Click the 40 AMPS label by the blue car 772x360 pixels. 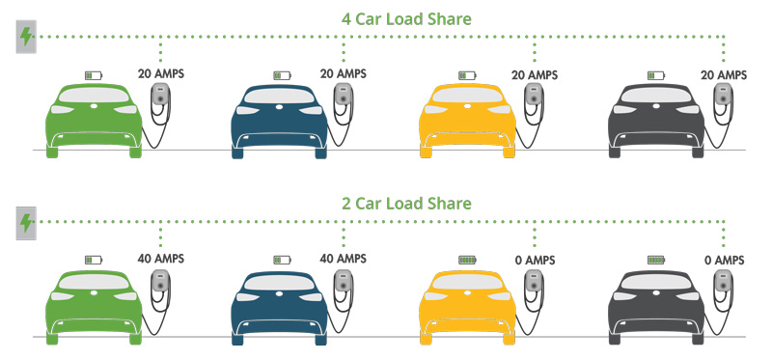tap(345, 259)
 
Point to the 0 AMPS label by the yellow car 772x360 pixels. tap(534, 260)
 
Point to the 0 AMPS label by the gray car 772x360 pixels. tap(723, 260)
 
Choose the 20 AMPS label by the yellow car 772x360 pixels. tap(534, 74)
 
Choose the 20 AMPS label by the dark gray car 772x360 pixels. tap(723, 74)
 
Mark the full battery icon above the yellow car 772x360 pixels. tap(467, 259)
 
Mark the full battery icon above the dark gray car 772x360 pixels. tap(656, 259)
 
